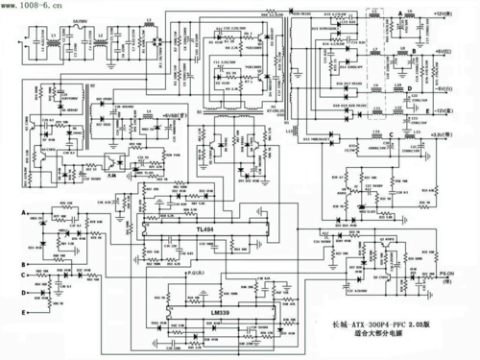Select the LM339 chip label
click(218, 312)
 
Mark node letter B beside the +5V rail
click(410, 45)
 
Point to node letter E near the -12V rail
click(409, 110)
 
